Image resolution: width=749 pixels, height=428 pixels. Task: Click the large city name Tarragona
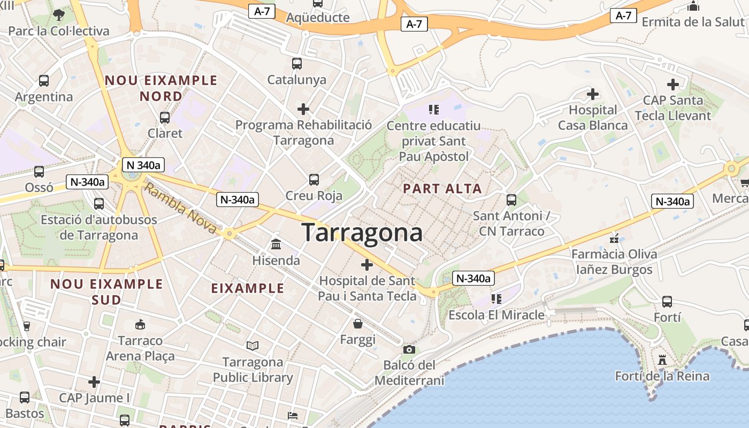[362, 233]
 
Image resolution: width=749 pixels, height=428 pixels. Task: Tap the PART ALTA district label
[442, 188]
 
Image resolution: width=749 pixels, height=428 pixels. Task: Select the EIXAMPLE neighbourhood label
[248, 288]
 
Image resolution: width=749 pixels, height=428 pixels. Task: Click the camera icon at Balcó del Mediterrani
[409, 349]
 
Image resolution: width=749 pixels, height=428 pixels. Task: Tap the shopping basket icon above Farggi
[358, 324]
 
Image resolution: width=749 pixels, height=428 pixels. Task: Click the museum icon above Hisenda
[277, 244]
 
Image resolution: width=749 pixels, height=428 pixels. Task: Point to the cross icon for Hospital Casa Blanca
[592, 95]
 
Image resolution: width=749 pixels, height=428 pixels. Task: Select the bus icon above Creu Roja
[314, 180]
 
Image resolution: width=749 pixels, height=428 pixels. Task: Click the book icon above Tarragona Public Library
[253, 346]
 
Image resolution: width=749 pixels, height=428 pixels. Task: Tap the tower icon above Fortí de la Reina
[662, 360]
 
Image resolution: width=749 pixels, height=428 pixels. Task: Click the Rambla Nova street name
[181, 208]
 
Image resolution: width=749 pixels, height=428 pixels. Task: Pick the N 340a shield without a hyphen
[141, 165]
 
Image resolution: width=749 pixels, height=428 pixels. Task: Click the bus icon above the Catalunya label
[297, 64]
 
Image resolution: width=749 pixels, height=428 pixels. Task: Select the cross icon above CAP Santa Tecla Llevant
[672, 85]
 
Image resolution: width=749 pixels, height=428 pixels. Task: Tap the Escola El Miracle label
[496, 315]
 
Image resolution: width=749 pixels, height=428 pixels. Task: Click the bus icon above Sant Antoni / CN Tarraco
[511, 200]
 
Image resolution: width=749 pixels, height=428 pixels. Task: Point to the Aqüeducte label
[318, 18]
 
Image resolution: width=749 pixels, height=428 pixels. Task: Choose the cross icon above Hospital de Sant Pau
[367, 265]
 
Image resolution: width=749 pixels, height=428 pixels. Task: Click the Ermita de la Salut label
[693, 22]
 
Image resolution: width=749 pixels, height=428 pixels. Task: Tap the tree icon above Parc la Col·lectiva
[59, 15]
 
